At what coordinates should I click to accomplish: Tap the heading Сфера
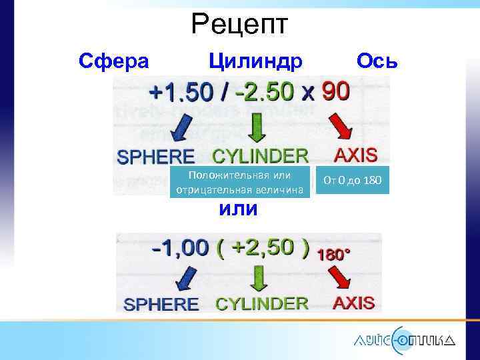click(113, 62)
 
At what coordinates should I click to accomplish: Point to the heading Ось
click(377, 62)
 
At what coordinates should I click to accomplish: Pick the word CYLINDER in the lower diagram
click(261, 304)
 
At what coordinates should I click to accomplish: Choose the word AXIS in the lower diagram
click(353, 303)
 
